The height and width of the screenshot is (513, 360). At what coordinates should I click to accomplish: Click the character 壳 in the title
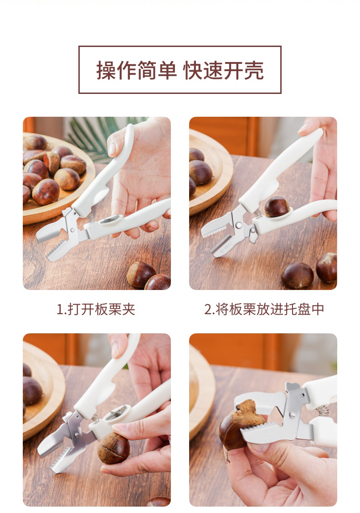point(254,70)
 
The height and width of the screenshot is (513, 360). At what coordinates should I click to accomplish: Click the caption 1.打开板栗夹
point(96,309)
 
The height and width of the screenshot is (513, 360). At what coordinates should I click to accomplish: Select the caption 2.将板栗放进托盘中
point(264,309)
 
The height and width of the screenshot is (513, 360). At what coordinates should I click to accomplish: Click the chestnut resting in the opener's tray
point(277,207)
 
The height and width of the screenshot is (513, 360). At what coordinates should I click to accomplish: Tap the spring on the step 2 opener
point(257,213)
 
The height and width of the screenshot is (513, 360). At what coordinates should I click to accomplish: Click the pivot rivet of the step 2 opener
point(240,225)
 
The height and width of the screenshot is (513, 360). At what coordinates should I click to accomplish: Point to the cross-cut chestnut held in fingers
point(114,448)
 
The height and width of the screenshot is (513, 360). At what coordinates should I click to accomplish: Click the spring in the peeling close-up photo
point(322,410)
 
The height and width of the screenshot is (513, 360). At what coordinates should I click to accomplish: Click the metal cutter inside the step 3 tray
point(116,413)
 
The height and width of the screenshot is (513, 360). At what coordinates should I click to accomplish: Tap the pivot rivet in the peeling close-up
point(292,415)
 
